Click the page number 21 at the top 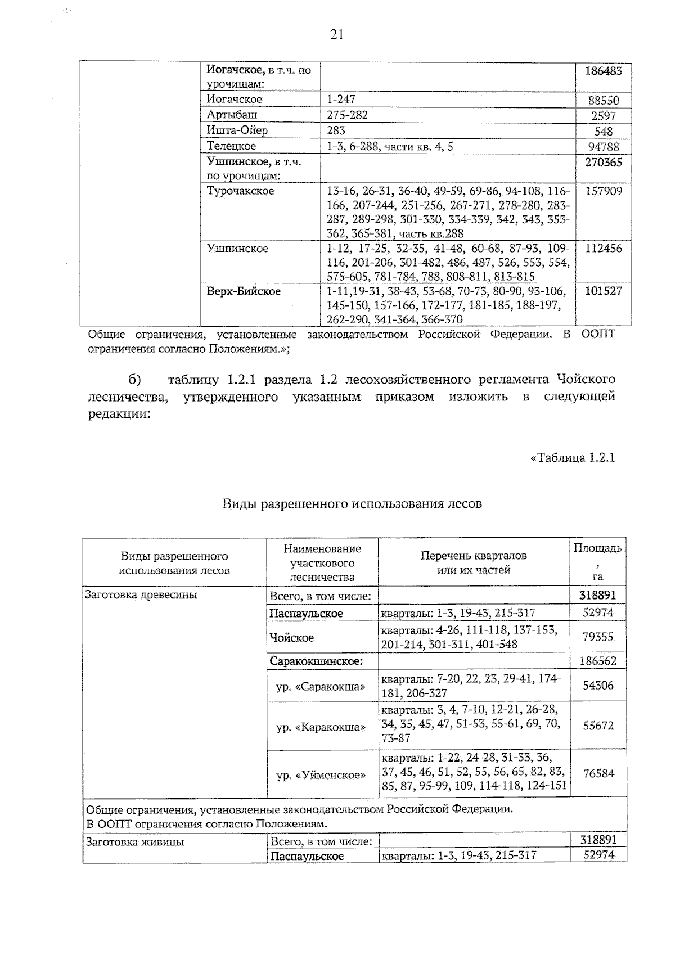[x=337, y=35]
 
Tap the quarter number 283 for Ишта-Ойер [x=336, y=130]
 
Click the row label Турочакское [x=241, y=191]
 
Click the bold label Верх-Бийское [x=244, y=291]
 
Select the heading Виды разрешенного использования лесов [x=352, y=503]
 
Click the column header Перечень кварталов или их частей [x=474, y=562]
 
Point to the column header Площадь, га [x=597, y=561]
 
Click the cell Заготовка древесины [x=141, y=594]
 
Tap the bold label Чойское [x=291, y=638]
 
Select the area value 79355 [x=598, y=637]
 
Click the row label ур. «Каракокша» [x=321, y=727]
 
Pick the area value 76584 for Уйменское [x=598, y=774]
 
